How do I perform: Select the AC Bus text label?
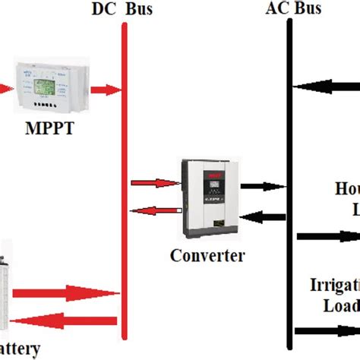pyautogui.click(x=293, y=8)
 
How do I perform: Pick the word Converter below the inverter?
pyautogui.click(x=208, y=255)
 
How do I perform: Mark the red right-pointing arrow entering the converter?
pyautogui.click(x=155, y=183)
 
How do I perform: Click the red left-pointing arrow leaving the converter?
pyautogui.click(x=155, y=210)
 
